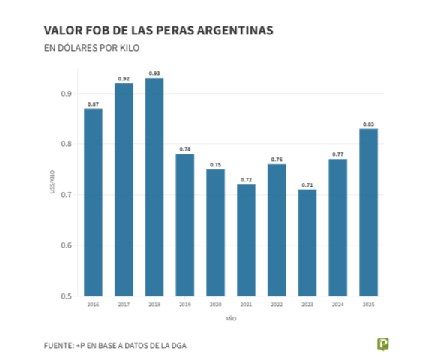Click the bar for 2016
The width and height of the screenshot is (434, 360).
[93, 202]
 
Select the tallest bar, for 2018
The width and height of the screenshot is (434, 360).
[154, 187]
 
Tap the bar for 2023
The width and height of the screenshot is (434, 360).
[307, 243]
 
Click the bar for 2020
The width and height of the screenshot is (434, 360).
[216, 232]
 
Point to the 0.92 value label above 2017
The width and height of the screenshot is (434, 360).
[124, 79]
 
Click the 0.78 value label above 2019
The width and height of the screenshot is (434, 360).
[185, 149]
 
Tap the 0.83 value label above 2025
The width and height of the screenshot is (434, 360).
[369, 124]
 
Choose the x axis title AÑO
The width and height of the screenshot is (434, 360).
[231, 319]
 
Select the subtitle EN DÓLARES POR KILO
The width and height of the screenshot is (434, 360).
[92, 48]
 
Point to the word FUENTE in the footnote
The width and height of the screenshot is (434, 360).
[58, 344]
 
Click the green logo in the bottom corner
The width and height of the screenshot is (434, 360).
[383, 343]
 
